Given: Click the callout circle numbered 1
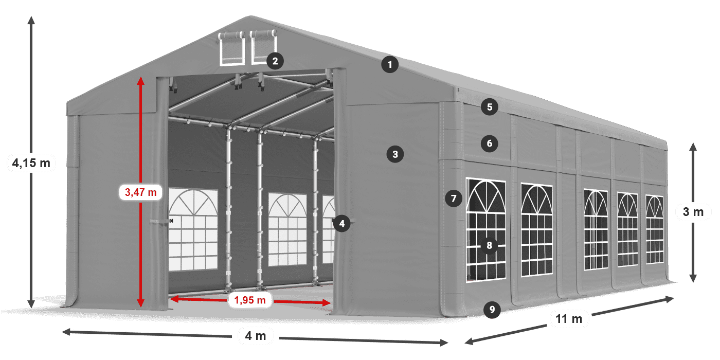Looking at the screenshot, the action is coord(390,65).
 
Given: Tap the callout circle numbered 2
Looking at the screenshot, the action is coord(275,61).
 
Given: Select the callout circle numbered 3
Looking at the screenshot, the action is coord(395,154).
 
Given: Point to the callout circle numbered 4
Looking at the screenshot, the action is coord(341,223).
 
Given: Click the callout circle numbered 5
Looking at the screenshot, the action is coord(490,107).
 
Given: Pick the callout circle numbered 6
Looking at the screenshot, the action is coord(490,143).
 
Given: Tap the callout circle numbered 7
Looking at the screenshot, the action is coord(454,199).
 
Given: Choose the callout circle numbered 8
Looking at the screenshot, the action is coord(489,246).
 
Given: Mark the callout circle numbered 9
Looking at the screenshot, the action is coord(492,310).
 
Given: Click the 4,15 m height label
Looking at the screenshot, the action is coord(31,164).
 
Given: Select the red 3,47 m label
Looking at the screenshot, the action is coord(140,192).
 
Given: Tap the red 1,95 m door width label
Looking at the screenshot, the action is coord(250,300).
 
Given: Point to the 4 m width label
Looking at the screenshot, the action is coord(256,336).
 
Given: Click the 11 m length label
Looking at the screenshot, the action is coord(569,319).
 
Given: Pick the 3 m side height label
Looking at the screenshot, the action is coord(693,212).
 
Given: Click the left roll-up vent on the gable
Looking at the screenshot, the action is coord(231,48).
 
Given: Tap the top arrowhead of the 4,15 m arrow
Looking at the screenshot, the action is coord(31,20).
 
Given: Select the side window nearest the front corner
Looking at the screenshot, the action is coord(486,230).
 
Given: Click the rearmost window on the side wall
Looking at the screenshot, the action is coord(655,229).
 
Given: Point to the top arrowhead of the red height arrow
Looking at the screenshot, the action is coord(140,81).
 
